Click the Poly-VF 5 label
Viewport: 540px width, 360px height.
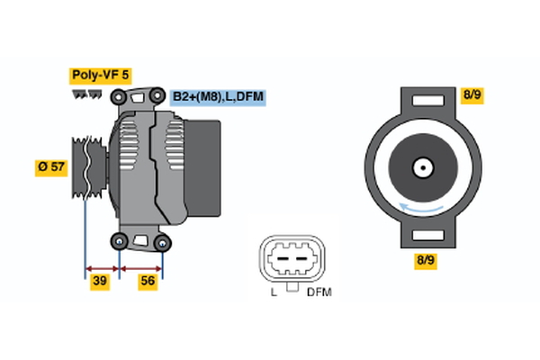[100, 76]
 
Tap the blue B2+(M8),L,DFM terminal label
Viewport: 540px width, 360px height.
[218, 96]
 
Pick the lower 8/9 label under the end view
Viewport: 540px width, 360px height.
[425, 260]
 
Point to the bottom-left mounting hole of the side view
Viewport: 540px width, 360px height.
[121, 240]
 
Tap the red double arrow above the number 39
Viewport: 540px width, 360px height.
[102, 267]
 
